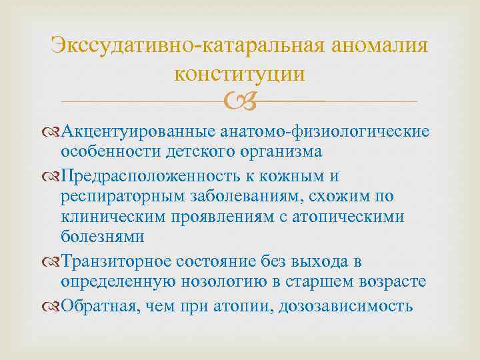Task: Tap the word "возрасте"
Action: click(x=388, y=283)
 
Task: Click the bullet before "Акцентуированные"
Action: click(x=54, y=131)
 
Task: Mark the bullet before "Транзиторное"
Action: click(x=54, y=262)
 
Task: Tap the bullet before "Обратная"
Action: click(x=54, y=306)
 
